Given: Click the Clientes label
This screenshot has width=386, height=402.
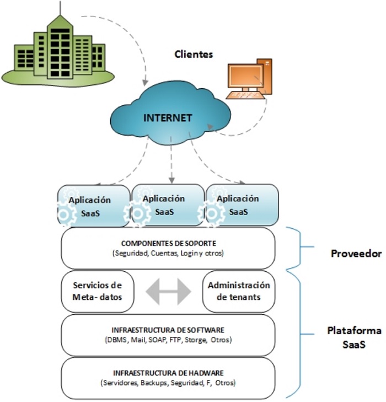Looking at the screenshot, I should tap(194, 54).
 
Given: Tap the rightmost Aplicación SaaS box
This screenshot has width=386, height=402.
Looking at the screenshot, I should tap(241, 205).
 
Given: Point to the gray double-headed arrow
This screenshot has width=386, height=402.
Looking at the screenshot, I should tap(168, 291).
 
